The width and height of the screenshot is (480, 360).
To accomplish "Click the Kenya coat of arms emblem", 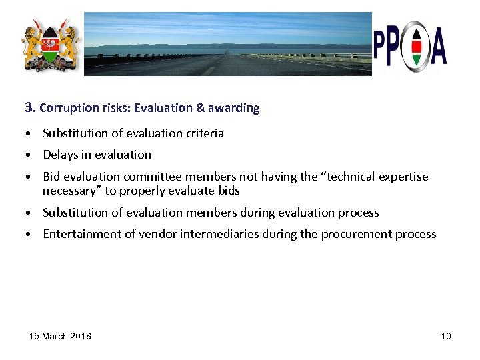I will (50, 45).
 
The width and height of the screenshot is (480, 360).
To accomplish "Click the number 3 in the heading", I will (29, 107).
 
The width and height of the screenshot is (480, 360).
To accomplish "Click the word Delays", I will (60, 155).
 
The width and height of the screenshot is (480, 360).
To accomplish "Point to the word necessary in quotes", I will (68, 191).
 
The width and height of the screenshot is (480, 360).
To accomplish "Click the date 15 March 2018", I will (60, 335).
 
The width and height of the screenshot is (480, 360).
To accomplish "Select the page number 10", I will (445, 335).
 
